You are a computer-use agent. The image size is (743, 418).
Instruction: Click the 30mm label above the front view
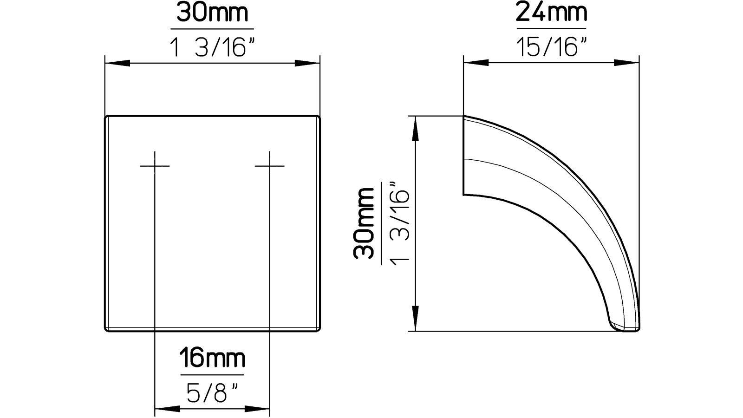coord(212,14)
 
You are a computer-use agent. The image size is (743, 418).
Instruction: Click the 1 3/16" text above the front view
coord(213,47)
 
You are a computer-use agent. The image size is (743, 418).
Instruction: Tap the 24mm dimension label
coord(551,14)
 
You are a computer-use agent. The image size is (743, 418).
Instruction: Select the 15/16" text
coord(551,47)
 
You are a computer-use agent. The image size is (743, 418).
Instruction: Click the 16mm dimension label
coord(212,359)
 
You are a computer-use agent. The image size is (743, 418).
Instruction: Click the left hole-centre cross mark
coord(155,166)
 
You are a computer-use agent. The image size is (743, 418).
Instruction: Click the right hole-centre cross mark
coord(270,166)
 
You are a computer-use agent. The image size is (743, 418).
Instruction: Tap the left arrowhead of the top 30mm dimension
coord(117,63)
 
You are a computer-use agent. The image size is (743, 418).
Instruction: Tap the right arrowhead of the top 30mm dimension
coord(308,63)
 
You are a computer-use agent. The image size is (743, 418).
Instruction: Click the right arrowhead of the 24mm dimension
coord(628,63)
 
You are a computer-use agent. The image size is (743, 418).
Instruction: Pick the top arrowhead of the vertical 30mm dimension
coord(416,128)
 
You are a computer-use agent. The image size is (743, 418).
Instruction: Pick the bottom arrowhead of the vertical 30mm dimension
coord(416,320)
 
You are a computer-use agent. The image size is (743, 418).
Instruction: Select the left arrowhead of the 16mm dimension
coord(166,409)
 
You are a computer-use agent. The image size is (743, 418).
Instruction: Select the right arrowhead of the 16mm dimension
coord(258,409)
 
